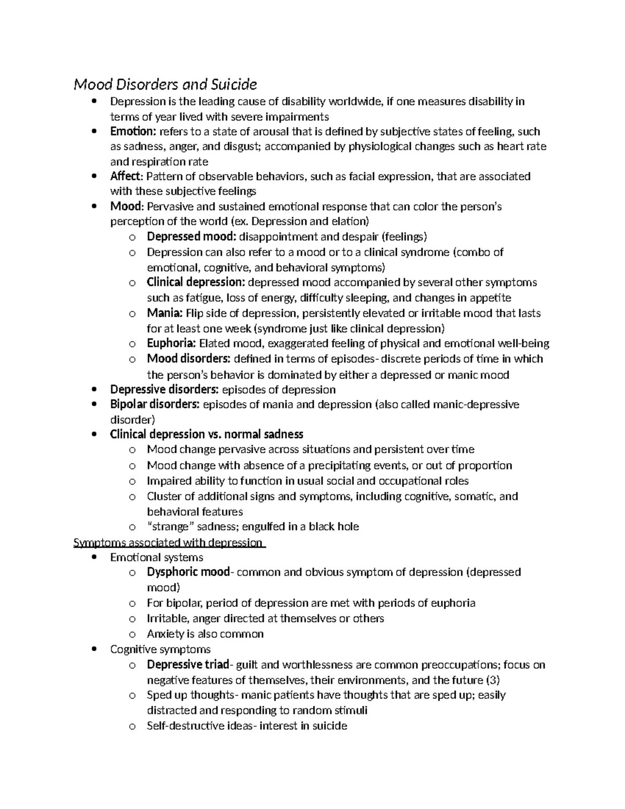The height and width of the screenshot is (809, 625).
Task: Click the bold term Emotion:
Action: click(x=133, y=131)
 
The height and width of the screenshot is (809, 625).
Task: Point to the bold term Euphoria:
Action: click(x=171, y=343)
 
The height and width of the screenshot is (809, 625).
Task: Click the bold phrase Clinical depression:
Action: click(x=196, y=282)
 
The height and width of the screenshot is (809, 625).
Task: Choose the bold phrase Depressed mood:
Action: click(x=192, y=237)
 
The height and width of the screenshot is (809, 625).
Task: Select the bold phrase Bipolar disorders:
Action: click(x=155, y=404)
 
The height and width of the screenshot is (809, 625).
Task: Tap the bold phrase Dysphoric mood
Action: click(x=188, y=572)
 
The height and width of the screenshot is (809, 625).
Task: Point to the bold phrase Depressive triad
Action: click(x=188, y=665)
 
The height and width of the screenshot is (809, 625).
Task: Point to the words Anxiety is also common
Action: click(x=205, y=634)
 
